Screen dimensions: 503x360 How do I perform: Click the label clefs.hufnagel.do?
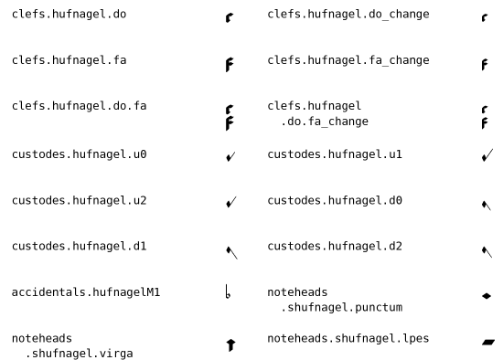click(69, 14)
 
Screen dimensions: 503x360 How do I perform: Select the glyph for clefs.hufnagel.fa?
click(230, 65)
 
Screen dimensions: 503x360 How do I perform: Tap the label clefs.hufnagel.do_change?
click(348, 15)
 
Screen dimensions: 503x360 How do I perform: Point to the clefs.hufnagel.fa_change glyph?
click(485, 65)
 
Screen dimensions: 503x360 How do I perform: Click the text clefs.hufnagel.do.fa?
click(79, 106)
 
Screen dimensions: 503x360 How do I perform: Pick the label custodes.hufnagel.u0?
click(79, 154)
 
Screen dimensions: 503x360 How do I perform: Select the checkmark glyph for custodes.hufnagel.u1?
click(487, 154)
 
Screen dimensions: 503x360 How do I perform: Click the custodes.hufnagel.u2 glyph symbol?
click(231, 202)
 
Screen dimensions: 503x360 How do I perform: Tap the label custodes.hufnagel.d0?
click(335, 200)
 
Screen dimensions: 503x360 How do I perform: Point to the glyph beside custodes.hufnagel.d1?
click(231, 252)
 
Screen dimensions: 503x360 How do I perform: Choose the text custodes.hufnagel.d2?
click(335, 246)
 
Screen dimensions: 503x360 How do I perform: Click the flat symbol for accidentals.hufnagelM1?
click(228, 291)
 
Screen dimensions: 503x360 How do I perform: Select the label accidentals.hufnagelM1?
click(86, 292)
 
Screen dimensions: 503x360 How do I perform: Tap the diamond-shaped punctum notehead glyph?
click(487, 296)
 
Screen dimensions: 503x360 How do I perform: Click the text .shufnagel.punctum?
click(342, 307)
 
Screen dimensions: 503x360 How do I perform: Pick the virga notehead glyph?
click(230, 344)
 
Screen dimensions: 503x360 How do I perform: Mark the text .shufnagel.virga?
click(79, 354)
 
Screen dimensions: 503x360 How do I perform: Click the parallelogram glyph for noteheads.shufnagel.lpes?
click(488, 343)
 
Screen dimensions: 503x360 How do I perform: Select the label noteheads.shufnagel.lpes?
click(348, 338)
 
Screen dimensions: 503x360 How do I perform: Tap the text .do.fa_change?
click(325, 122)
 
